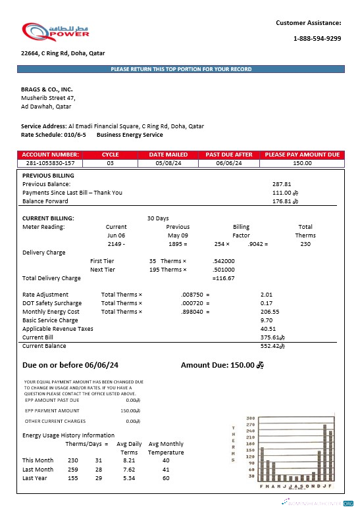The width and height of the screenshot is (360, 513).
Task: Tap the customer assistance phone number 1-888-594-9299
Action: click(317, 39)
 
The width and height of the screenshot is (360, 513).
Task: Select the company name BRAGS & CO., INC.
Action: click(47, 89)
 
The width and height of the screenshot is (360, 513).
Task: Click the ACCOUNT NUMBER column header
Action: click(50, 155)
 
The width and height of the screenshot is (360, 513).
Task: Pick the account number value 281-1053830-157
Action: click(50, 163)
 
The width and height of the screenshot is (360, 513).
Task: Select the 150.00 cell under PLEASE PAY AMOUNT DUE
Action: click(302, 163)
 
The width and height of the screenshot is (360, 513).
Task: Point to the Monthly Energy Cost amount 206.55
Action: click(270, 312)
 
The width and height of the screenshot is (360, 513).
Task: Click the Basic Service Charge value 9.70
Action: click(267, 320)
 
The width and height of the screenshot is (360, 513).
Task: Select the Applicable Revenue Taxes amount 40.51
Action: click(268, 329)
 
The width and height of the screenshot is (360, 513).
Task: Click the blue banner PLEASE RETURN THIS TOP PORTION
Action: click(180, 69)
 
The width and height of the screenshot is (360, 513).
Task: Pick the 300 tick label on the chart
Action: click(250, 418)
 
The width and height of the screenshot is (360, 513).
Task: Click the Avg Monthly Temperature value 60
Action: click(166, 478)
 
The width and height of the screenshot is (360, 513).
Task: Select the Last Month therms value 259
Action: click(72, 470)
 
